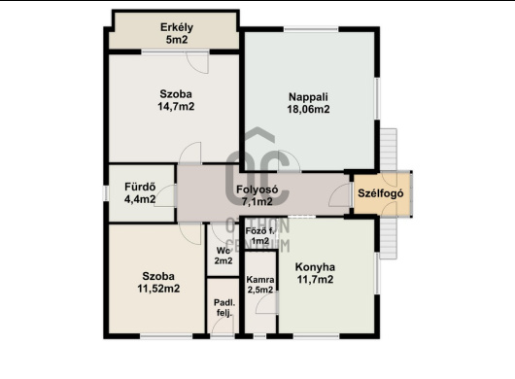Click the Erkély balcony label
pos(177,27)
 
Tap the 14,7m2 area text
pos(176,106)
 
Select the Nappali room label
pos(308,97)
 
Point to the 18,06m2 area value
pos(308,109)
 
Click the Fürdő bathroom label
pos(140,187)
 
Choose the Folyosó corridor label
pos(257,189)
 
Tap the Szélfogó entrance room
pos(382,194)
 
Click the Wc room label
pos(223,251)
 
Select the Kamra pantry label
pos(260,280)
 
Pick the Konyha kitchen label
pos(315,267)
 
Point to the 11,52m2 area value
pos(158,289)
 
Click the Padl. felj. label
pos(224,307)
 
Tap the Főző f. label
pos(259,231)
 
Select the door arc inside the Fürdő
pos(163,196)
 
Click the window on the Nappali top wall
pos(311,29)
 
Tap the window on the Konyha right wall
pos(377,273)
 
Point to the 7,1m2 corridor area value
pos(257,201)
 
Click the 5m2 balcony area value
pos(177,40)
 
